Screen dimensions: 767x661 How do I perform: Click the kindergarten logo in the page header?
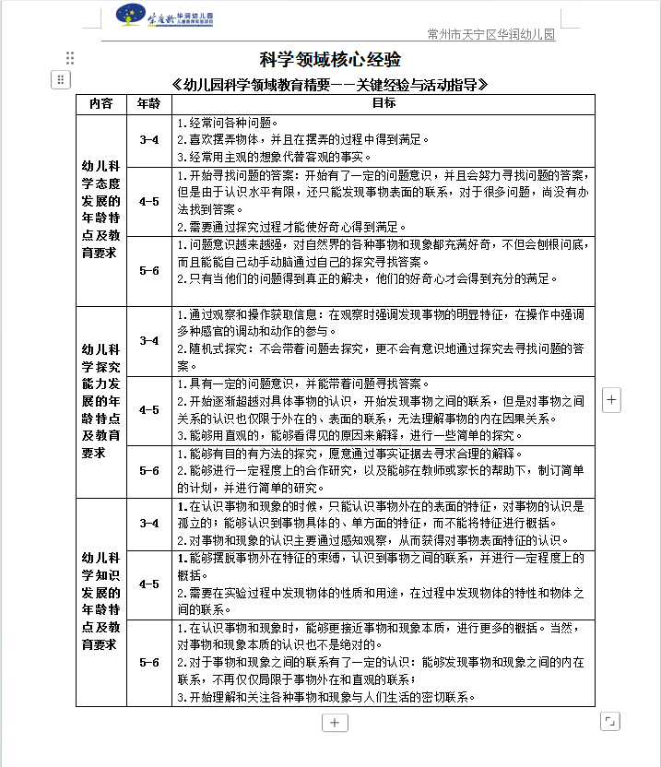click(166, 18)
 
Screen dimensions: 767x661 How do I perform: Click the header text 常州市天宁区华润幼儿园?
click(491, 35)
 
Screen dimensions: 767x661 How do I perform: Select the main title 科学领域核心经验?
click(329, 61)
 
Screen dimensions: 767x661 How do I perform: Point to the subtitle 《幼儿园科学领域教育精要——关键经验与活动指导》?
click(329, 85)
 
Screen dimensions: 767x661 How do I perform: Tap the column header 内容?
click(100, 103)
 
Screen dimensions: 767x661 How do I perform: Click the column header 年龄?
click(148, 103)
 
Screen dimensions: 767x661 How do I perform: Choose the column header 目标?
click(383, 103)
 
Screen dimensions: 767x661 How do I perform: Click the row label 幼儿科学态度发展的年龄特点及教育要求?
click(100, 210)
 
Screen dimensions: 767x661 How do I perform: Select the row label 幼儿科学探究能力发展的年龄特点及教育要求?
click(100, 401)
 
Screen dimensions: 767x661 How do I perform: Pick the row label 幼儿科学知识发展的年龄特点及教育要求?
click(100, 601)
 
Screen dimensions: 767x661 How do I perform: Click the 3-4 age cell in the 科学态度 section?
click(148, 140)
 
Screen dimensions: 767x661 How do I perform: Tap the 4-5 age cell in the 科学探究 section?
click(148, 410)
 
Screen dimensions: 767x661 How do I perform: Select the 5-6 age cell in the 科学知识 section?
click(148, 662)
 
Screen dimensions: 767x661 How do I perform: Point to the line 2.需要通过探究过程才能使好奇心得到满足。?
click(290, 227)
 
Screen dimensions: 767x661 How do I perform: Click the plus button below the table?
click(335, 723)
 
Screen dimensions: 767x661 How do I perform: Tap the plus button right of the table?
click(613, 400)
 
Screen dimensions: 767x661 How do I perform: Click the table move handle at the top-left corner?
click(60, 79)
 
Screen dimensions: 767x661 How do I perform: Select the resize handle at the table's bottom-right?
click(609, 720)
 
